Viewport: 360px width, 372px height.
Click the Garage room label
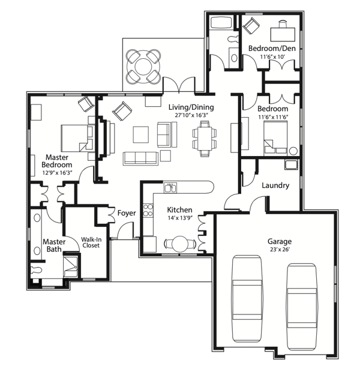(x=280, y=242)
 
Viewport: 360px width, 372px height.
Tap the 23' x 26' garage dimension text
(x=280, y=250)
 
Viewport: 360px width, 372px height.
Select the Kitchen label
(x=179, y=210)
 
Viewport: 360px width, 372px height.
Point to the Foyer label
(x=127, y=213)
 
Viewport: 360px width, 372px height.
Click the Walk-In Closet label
(x=91, y=242)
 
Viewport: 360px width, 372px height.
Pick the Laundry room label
(x=275, y=185)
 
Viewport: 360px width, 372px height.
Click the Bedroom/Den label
(x=272, y=49)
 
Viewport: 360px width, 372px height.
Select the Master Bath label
(x=54, y=245)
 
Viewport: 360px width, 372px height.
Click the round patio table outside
(x=143, y=67)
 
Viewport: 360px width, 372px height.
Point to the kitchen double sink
(x=170, y=188)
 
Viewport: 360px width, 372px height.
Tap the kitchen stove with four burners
(x=148, y=210)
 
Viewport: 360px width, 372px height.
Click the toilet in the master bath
(x=37, y=270)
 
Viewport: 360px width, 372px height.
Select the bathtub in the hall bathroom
(x=221, y=23)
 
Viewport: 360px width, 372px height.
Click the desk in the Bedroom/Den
(x=283, y=34)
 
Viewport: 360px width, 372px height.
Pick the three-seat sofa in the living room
(x=140, y=158)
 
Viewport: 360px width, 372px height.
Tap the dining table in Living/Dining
(x=205, y=139)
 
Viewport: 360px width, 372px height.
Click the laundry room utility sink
(x=291, y=164)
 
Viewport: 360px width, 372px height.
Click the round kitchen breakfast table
(x=180, y=244)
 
